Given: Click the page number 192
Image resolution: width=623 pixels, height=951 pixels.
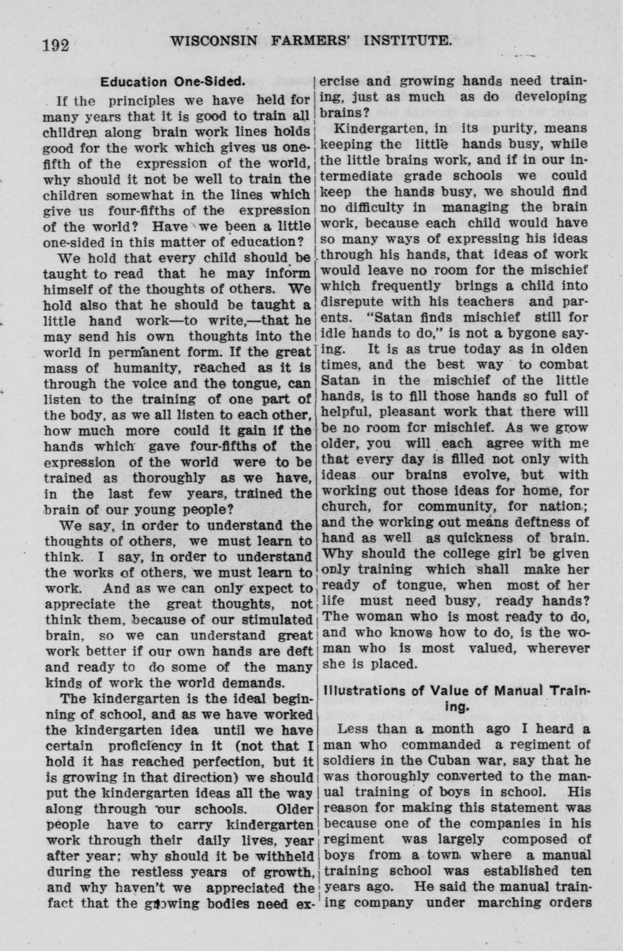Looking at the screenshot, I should (x=57, y=45).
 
